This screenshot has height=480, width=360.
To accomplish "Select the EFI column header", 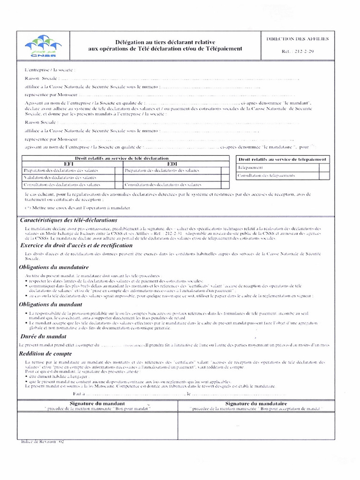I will pyautogui.click(x=68, y=165).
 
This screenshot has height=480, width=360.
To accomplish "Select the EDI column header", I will pyautogui.click(x=171, y=165).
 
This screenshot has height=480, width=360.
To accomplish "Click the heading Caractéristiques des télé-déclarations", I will pyautogui.click(x=68, y=220).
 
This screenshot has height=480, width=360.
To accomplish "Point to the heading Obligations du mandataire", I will pyautogui.click(x=54, y=267).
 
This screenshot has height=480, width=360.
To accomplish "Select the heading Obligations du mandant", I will pyautogui.click(x=51, y=304).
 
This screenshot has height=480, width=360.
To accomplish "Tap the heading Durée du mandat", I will pyautogui.click(x=43, y=337).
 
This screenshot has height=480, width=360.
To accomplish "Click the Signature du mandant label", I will pyautogui.click(x=97, y=404).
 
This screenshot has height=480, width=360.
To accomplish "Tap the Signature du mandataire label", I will pyautogui.click(x=256, y=404).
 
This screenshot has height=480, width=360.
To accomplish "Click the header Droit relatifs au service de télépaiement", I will pyautogui.click(x=282, y=159).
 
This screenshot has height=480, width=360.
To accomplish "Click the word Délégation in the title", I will pyautogui.click(x=129, y=42).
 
